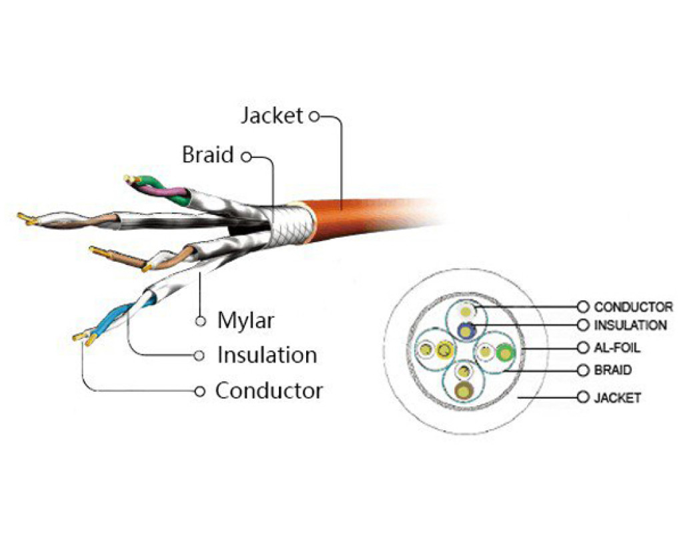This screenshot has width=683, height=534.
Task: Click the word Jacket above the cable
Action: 271,115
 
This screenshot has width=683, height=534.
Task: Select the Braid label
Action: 208,156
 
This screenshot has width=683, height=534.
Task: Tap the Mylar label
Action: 245,320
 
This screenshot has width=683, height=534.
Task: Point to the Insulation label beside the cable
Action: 266,355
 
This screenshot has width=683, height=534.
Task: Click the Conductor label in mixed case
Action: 268,390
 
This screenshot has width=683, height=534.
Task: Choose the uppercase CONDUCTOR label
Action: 633,307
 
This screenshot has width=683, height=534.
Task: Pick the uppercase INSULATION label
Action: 630,326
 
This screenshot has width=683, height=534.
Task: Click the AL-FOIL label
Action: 616,348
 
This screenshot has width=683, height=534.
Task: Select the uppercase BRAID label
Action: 612,369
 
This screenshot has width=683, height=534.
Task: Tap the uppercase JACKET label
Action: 617,398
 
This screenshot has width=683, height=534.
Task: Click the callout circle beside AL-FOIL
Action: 584,348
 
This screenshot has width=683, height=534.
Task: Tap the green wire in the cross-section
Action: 504,352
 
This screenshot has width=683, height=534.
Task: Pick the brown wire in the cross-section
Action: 463,390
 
